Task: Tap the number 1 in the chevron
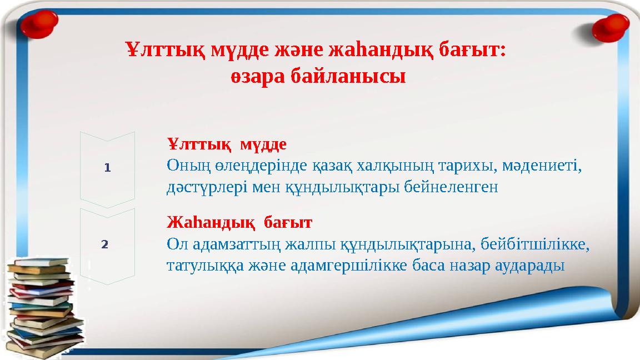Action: tap(108, 167)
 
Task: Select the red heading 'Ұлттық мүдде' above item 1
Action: tap(227, 145)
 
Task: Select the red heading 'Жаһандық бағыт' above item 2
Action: tap(239, 223)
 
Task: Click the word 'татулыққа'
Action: tap(202, 266)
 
